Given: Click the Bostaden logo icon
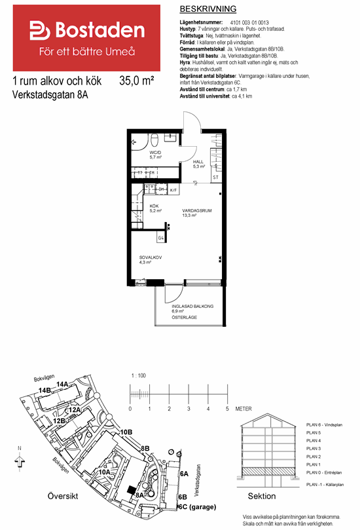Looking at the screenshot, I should (40, 30).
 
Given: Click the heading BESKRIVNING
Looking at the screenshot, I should (207, 9).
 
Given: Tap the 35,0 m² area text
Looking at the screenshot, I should (137, 81).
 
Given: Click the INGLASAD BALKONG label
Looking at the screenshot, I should (192, 306).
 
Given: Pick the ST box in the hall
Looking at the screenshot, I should (215, 177).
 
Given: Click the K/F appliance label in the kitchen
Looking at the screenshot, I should (173, 190).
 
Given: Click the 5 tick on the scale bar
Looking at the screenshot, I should (227, 408).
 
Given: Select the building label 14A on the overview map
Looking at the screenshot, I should (63, 384).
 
